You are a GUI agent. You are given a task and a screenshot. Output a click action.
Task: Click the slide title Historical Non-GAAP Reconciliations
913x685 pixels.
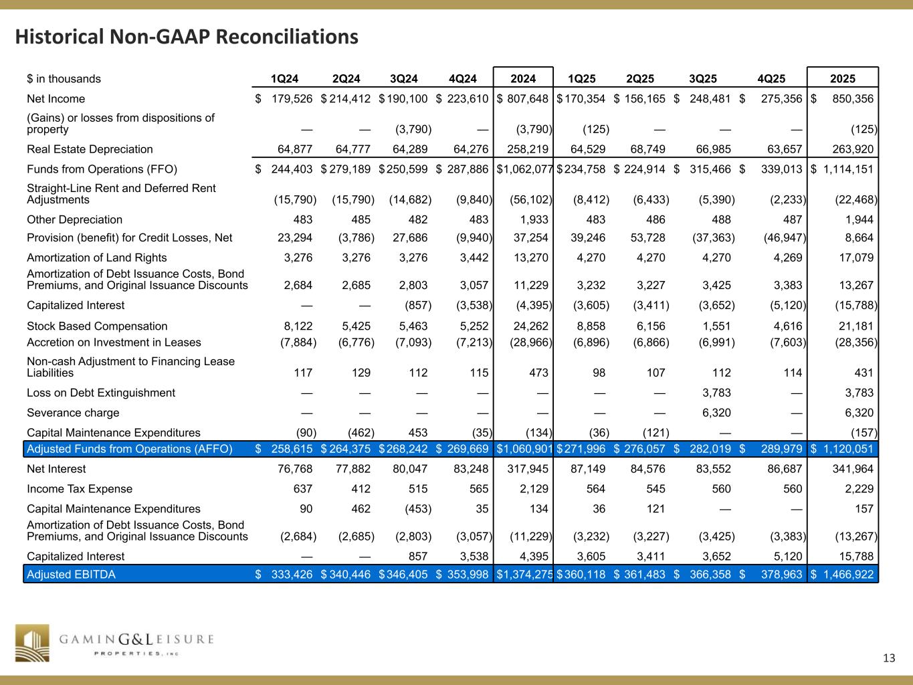[187, 36]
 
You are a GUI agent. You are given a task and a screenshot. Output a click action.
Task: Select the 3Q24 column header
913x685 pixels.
[403, 79]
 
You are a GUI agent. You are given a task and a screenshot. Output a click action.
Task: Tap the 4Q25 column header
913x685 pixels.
[771, 79]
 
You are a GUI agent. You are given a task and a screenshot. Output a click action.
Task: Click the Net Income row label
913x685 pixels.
[56, 99]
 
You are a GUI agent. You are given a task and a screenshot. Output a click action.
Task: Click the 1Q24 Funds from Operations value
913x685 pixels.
[292, 169]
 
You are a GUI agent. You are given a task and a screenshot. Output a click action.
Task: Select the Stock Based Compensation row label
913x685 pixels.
[97, 326]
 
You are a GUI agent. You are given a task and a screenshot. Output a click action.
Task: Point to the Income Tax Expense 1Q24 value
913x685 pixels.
[302, 489]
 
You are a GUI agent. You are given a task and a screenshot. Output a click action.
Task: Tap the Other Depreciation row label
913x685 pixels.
[74, 219]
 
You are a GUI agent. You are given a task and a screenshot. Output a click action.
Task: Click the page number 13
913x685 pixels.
[888, 658]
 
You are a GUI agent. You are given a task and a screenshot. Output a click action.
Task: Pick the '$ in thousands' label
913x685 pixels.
[64, 79]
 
